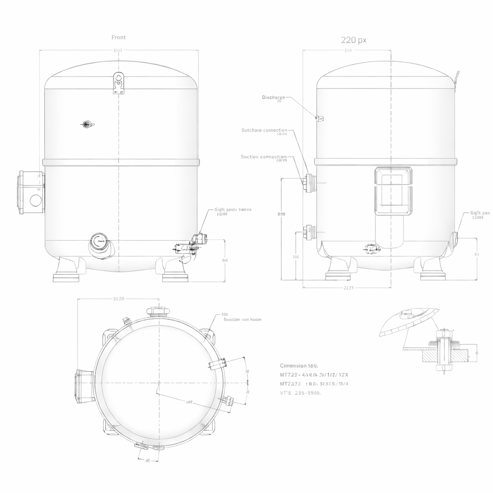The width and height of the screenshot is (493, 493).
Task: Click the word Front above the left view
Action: pyautogui.click(x=118, y=37)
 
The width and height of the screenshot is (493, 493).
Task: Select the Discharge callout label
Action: pyautogui.click(x=273, y=98)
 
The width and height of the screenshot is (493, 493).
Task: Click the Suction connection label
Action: pyautogui.click(x=263, y=157)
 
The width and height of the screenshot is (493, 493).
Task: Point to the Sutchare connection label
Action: pyautogui.click(x=264, y=130)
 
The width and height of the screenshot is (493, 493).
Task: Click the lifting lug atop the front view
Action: pyautogui.click(x=118, y=83)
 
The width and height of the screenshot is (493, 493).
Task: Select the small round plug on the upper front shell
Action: pyautogui.click(x=87, y=125)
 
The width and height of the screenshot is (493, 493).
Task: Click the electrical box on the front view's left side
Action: pyautogui.click(x=31, y=193)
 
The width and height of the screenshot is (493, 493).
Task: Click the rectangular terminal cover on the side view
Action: pyautogui.click(x=393, y=191)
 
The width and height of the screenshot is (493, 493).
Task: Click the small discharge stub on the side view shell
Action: pyautogui.click(x=319, y=118)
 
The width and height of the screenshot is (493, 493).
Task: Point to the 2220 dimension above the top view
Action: pyautogui.click(x=118, y=299)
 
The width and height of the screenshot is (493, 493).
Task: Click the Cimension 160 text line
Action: pyautogui.click(x=298, y=366)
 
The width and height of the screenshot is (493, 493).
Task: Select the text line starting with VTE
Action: pyautogui.click(x=300, y=393)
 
